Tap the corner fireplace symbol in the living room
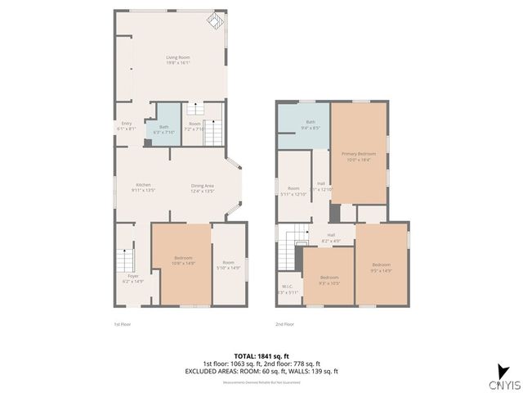tap(216, 21)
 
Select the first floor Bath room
tap(164, 129)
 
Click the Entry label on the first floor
tap(126, 126)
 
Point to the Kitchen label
tap(144, 187)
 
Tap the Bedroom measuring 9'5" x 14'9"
tap(382, 267)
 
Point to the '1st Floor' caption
tap(122, 325)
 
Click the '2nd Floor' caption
tap(284, 325)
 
